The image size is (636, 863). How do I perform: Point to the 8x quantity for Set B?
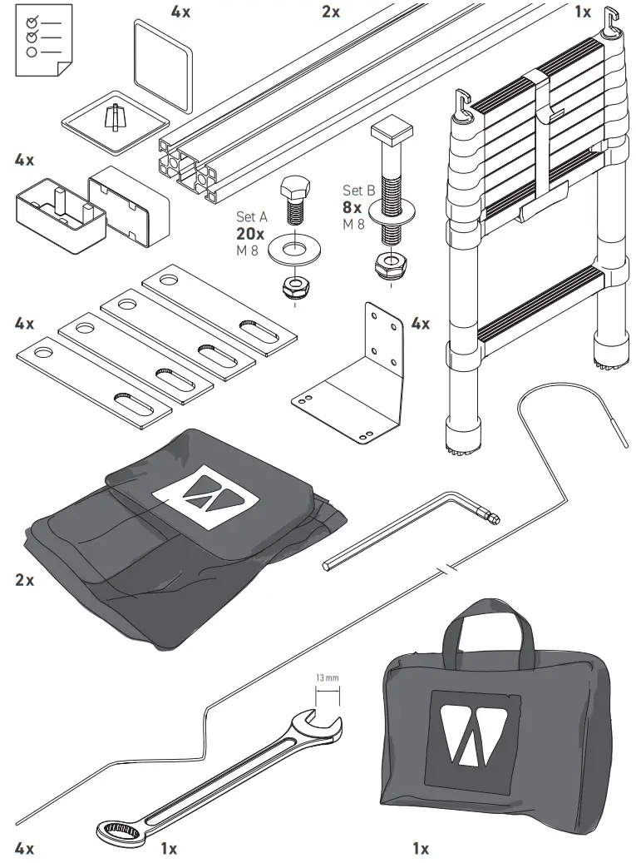(353, 207)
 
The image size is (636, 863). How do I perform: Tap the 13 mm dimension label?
(328, 678)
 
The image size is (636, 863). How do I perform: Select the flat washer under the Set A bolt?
(293, 250)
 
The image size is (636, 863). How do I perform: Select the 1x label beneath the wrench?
(169, 849)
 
